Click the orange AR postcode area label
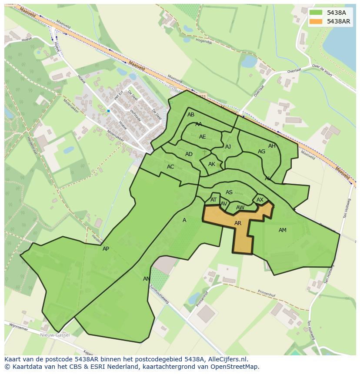click(x=237, y=223)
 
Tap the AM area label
click(x=283, y=230)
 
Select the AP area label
click(x=106, y=249)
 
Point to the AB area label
click(x=191, y=115)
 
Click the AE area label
click(x=202, y=137)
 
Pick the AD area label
click(x=189, y=154)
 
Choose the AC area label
click(x=170, y=167)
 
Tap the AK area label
click(x=212, y=164)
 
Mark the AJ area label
click(x=228, y=147)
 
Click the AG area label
click(x=261, y=152)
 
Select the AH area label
click(x=272, y=146)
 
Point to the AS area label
click(x=229, y=192)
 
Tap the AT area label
click(x=213, y=200)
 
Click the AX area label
click(x=260, y=200)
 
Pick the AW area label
click(x=240, y=208)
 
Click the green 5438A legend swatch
click(x=316, y=13)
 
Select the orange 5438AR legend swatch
click(x=316, y=21)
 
